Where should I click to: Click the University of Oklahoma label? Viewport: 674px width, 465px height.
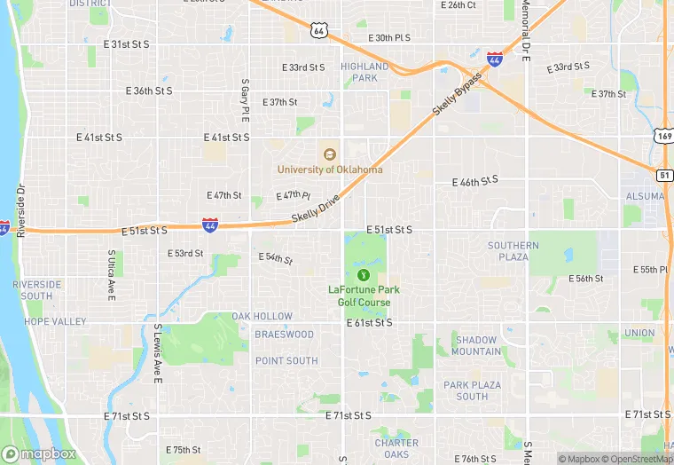[x=330, y=169]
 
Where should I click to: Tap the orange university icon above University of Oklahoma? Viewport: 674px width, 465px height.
[x=330, y=154]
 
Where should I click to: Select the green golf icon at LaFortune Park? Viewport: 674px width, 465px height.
[x=364, y=275]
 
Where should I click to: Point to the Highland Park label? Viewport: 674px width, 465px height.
[x=364, y=72]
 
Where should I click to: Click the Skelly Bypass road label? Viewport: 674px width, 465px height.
[x=458, y=94]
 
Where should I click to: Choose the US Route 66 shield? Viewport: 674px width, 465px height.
[x=318, y=30]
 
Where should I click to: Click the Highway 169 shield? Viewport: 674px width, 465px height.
[x=664, y=136]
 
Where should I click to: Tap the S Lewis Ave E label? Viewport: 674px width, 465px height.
[x=158, y=353]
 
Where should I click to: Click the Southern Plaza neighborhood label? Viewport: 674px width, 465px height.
[x=513, y=251]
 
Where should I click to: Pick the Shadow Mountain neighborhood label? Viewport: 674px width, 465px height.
[x=476, y=346]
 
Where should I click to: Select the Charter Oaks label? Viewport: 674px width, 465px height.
[x=396, y=449]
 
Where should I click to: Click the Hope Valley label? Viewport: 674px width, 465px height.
[x=55, y=321]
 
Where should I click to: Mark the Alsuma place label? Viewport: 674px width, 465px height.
[x=645, y=196]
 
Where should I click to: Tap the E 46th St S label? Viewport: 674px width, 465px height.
[x=475, y=180]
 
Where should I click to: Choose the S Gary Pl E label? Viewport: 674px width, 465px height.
[x=245, y=100]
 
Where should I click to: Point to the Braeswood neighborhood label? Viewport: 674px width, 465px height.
[x=284, y=335]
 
